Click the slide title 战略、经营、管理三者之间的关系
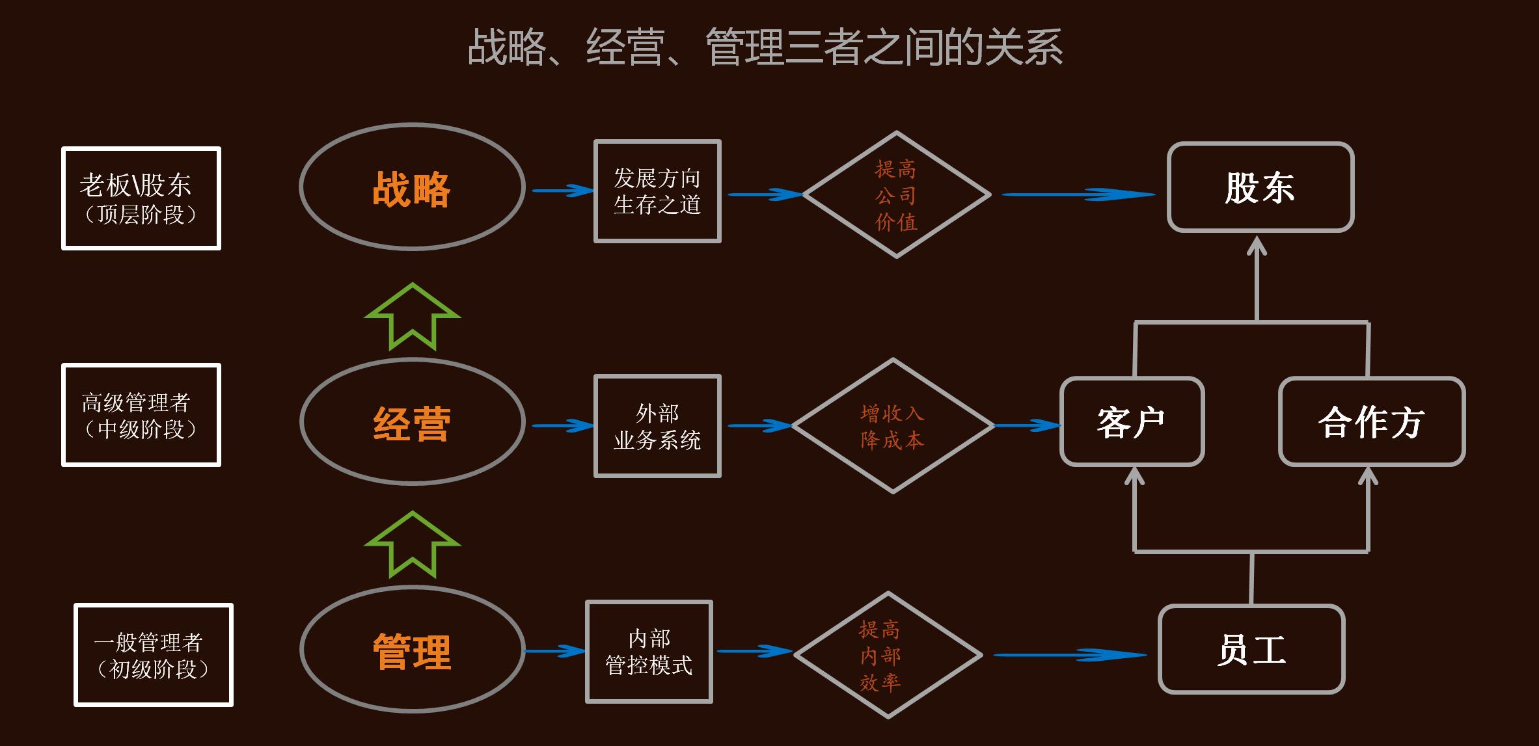coord(765,47)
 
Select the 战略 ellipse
coord(412,187)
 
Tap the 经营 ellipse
coord(412,422)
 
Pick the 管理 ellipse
coord(412,650)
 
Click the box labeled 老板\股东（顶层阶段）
coord(141,198)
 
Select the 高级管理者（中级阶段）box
coord(141,415)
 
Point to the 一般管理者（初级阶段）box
coord(154,655)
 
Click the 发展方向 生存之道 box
coord(657,191)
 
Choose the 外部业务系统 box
coord(657,426)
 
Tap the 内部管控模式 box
coord(649,652)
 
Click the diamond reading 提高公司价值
coord(897,195)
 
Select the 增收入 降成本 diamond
coord(893,426)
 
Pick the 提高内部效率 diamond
coord(888,656)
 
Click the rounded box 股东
coord(1260,187)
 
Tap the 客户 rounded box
coord(1132,422)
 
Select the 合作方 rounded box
coord(1372,422)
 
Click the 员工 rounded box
coord(1251,650)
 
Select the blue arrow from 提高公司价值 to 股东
coord(1078,194)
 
